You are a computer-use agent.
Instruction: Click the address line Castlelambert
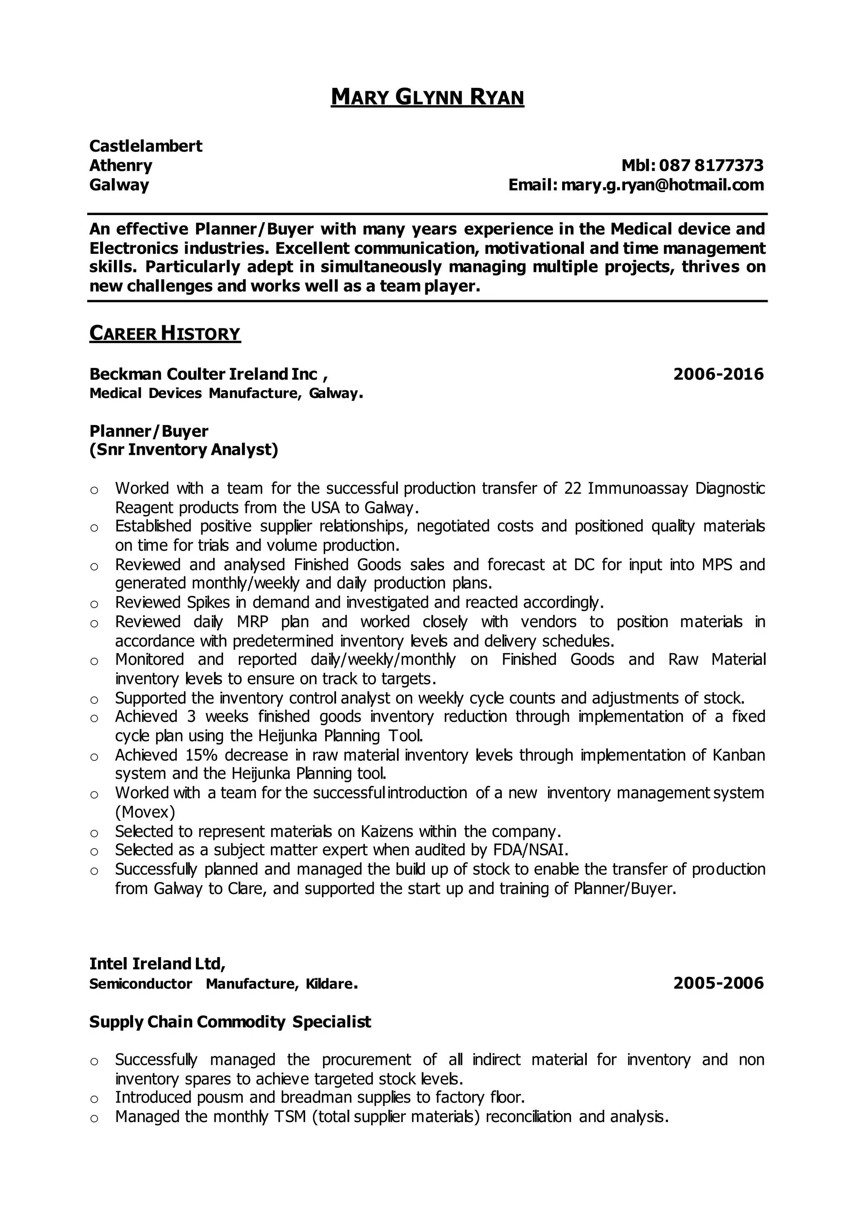146,145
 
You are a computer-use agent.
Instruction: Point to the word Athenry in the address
121,165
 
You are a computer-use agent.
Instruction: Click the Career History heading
165,333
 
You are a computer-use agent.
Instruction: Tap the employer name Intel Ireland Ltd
157,964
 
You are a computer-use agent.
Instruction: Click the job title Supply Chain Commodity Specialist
230,1022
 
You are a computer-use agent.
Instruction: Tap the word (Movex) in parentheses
145,812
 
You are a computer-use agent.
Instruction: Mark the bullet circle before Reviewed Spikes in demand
94,603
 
